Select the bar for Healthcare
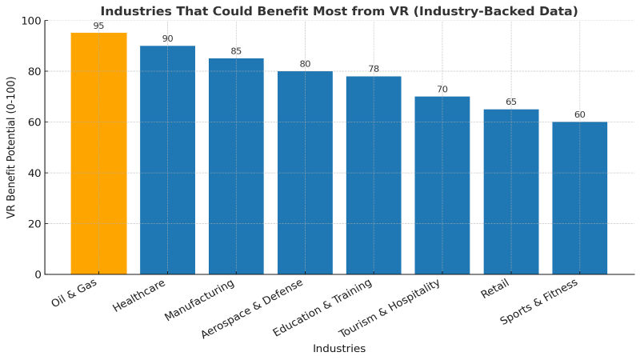(167, 160)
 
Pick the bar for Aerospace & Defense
(305, 173)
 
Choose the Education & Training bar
(374, 175)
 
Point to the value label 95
(98, 26)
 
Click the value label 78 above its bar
(374, 69)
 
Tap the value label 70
(442, 90)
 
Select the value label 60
(579, 114)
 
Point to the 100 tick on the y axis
(31, 21)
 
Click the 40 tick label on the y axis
(34, 173)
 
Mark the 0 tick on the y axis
(38, 274)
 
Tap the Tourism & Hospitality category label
(390, 309)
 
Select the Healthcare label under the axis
(141, 296)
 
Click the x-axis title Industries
(338, 349)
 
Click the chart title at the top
(338, 10)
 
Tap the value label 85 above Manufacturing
(236, 51)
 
